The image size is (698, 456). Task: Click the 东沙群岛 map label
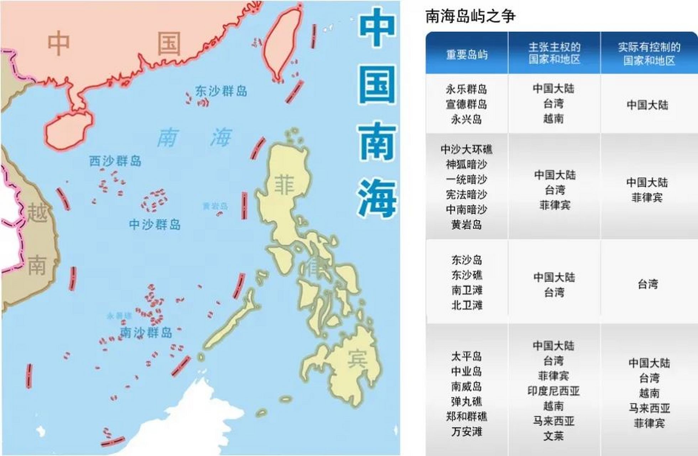tap(221, 91)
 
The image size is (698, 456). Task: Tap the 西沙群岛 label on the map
tap(115, 161)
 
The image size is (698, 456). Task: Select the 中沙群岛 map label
tap(155, 224)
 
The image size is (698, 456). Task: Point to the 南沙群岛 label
tap(146, 332)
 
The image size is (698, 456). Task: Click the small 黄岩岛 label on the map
tap(215, 206)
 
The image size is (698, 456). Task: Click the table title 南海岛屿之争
tap(470, 16)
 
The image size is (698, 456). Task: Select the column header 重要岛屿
tap(467, 55)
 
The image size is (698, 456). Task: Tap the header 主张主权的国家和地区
tap(554, 53)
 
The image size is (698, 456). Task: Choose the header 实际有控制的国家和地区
tap(649, 53)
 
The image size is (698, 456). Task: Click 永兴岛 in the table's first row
tap(467, 119)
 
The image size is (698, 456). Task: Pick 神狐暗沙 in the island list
tap(467, 164)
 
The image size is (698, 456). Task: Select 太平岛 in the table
tap(467, 356)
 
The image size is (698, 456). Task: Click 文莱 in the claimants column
tap(553, 436)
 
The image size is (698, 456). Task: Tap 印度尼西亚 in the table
tap(553, 391)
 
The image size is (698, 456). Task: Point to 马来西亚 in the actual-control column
tap(649, 408)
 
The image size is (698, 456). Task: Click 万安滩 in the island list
tap(467, 431)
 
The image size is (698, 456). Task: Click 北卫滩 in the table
tap(467, 305)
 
